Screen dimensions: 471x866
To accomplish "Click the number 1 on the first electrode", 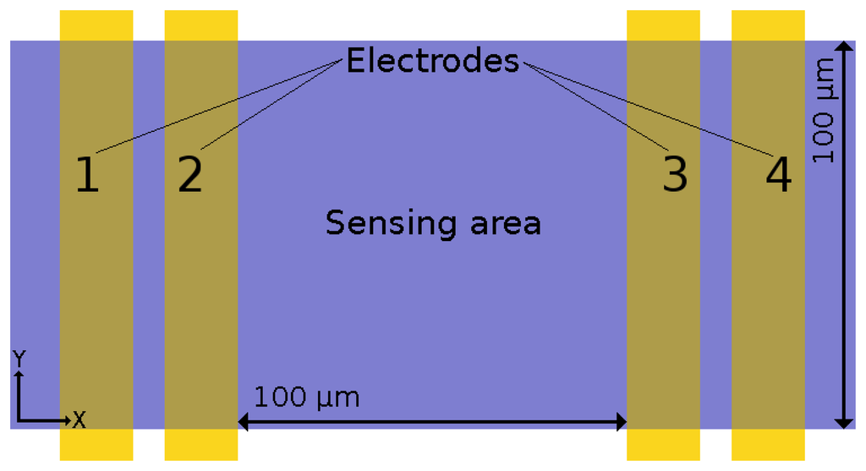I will (x=87, y=176).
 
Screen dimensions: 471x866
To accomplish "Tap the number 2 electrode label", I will (x=190, y=176).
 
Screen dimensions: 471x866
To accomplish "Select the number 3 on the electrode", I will (x=674, y=176).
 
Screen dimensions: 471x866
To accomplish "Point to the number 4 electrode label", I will (x=778, y=176).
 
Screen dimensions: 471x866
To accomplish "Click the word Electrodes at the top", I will (x=432, y=61).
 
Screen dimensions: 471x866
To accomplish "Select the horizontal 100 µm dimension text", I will (x=306, y=397).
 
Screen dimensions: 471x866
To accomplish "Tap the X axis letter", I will (x=79, y=419).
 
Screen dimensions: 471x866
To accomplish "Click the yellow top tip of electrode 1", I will (x=96, y=25).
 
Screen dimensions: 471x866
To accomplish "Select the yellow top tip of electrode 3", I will (x=663, y=25).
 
